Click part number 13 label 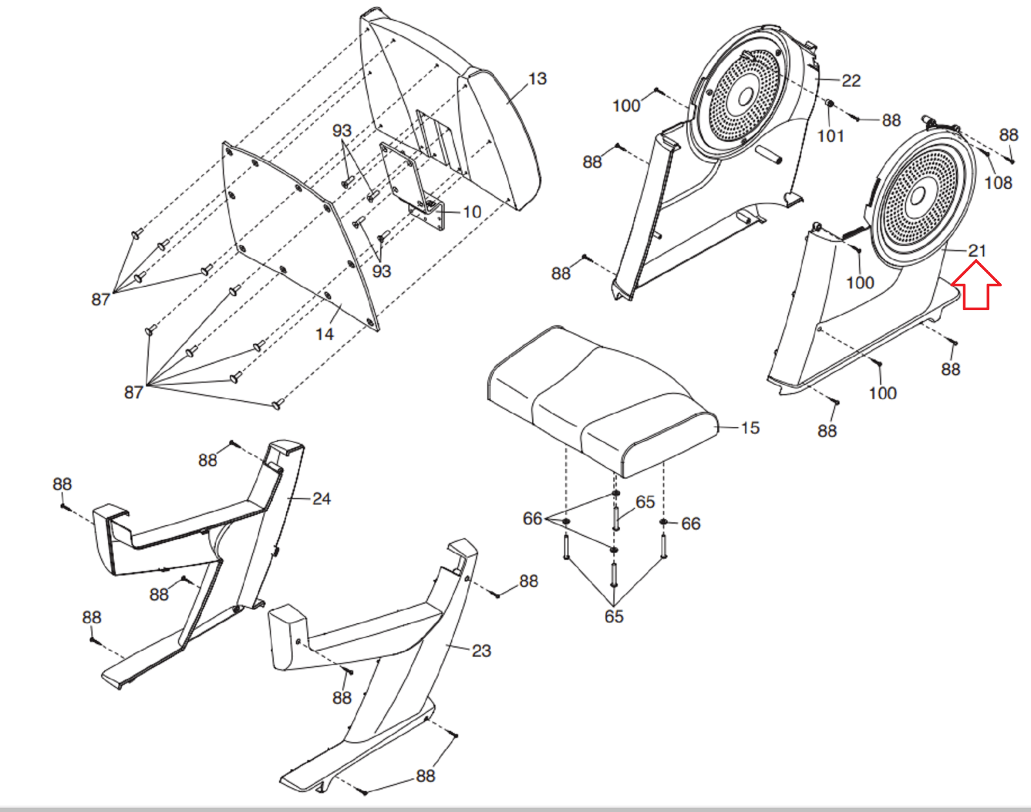click(537, 79)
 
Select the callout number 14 click(324, 334)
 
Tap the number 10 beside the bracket click(472, 212)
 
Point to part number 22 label click(851, 81)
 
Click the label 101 click(830, 136)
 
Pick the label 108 click(998, 183)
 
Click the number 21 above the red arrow click(977, 251)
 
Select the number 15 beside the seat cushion click(750, 428)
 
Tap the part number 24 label click(321, 499)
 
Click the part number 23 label click(481, 651)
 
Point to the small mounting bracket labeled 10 click(412, 181)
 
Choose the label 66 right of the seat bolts click(690, 524)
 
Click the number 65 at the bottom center click(613, 617)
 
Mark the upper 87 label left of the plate click(101, 299)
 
